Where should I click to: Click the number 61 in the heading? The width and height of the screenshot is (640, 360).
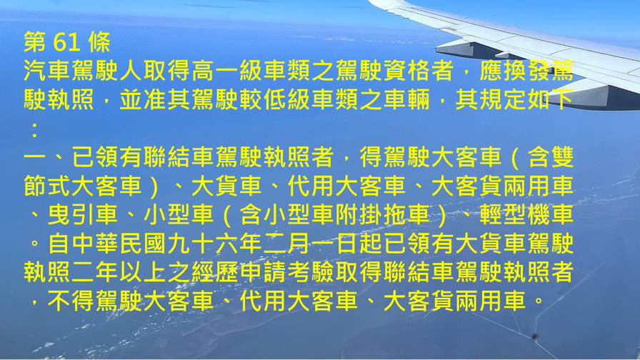tap(67, 42)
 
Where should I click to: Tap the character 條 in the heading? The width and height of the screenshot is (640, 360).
tap(99, 42)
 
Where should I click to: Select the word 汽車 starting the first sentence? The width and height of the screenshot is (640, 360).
tap(47, 71)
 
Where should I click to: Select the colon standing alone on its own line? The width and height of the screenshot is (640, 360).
tap(35, 129)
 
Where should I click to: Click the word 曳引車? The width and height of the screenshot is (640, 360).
tap(83, 215)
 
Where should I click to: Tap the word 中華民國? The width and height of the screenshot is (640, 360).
tap(119, 244)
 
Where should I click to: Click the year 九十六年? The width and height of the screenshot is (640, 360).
tap(214, 244)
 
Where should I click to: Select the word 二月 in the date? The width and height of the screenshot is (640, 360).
tap(286, 244)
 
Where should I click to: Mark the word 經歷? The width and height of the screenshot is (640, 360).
tap(214, 273)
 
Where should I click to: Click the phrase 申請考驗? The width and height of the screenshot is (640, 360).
tap(286, 273)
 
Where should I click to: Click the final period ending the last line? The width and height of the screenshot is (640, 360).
tap(539, 303)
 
